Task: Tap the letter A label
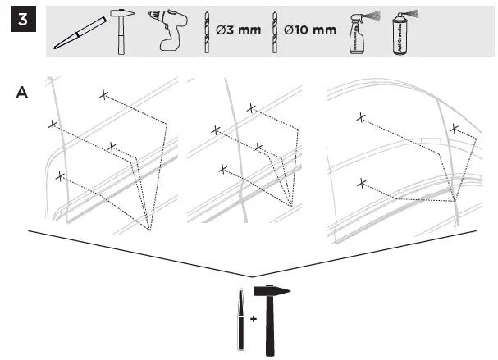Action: pos(23,93)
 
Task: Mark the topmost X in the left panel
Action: pos(103,95)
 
